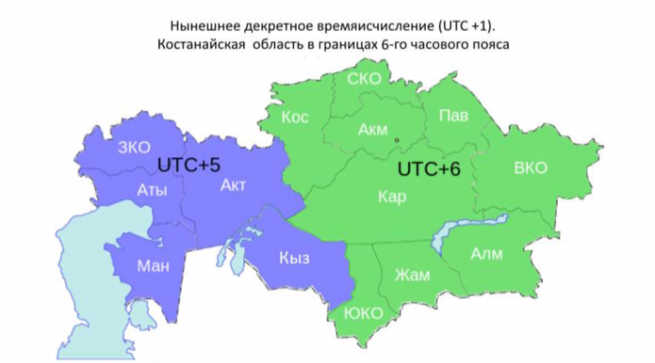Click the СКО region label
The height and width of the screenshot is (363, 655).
tap(363, 79)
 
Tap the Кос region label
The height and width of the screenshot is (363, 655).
tap(295, 117)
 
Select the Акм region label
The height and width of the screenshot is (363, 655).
tap(372, 131)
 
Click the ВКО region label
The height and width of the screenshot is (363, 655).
tap(531, 168)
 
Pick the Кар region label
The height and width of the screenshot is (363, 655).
tap(392, 197)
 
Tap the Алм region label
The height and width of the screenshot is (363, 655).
tap(487, 254)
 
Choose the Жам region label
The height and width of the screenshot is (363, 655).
tap(411, 275)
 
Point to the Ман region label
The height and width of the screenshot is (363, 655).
tap(153, 267)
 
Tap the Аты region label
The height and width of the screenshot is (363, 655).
tap(152, 191)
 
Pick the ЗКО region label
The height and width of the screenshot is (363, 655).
tap(134, 147)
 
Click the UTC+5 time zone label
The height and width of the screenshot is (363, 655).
tap(188, 165)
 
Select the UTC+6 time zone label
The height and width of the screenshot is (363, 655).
tap(429, 170)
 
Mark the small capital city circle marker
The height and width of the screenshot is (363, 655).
tap(397, 140)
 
